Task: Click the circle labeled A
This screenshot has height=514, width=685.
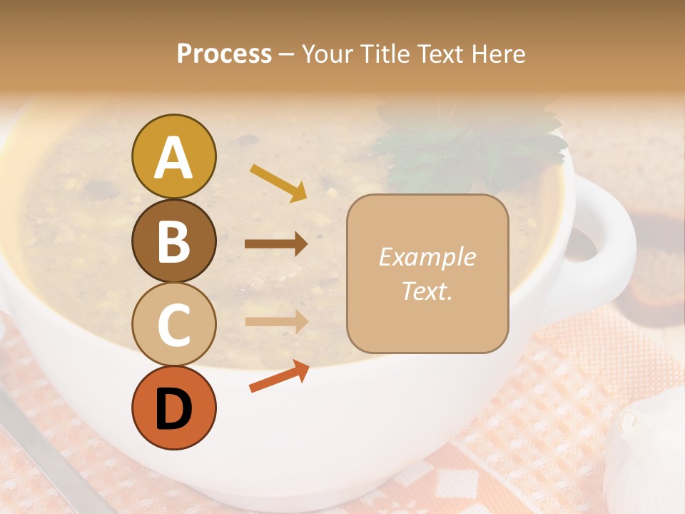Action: pyautogui.click(x=173, y=157)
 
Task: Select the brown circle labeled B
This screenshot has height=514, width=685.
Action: pyautogui.click(x=173, y=241)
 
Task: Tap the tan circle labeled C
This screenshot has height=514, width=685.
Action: pyautogui.click(x=173, y=324)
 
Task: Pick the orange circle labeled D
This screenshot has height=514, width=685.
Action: pyautogui.click(x=173, y=408)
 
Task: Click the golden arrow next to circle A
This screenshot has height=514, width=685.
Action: pyautogui.click(x=278, y=182)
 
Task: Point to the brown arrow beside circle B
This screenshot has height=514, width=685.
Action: pyautogui.click(x=276, y=244)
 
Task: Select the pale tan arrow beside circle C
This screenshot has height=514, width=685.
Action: pyautogui.click(x=276, y=322)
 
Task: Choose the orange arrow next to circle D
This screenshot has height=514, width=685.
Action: pyautogui.click(x=279, y=376)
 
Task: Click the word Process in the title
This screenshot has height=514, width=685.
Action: pyautogui.click(x=224, y=54)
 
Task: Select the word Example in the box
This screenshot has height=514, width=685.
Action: pyautogui.click(x=427, y=257)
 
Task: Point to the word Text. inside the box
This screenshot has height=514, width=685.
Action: pyautogui.click(x=427, y=291)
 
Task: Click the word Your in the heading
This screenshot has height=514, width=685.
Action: pyautogui.click(x=329, y=54)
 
